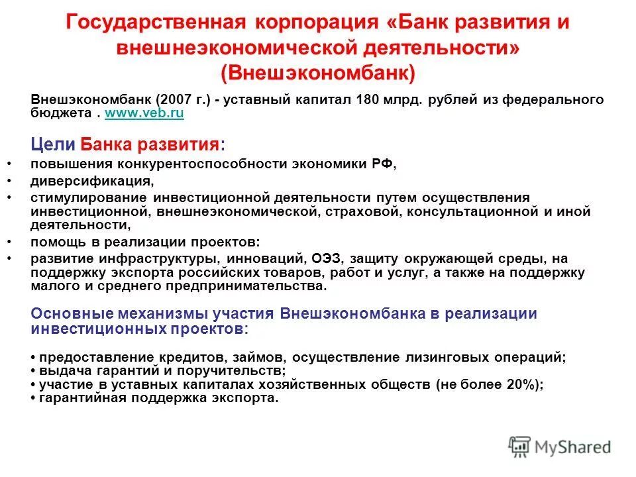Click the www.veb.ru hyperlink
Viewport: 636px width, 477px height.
144,113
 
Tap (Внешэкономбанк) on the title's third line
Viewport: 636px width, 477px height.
318,72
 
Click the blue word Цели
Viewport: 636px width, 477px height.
53,144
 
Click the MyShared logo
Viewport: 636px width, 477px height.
560,446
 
